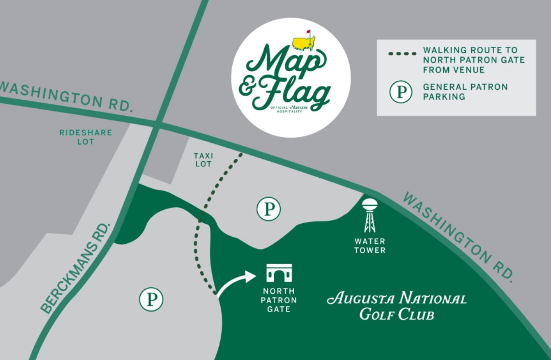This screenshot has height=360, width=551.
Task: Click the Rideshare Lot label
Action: coord(86,137)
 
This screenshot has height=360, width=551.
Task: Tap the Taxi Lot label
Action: coord(203,160)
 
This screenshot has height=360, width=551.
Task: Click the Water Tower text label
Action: coord(370,246)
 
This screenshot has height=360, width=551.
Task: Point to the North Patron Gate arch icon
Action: coord(279,273)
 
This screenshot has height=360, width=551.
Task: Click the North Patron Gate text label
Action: coord(279,300)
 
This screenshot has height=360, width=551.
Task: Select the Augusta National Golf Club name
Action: coord(396,305)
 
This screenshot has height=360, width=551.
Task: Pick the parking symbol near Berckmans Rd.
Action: coord(151,300)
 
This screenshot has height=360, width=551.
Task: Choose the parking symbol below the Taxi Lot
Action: coord(268,209)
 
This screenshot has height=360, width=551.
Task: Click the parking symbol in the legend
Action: coord(401,91)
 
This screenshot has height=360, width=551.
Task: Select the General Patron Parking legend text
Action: coord(465,91)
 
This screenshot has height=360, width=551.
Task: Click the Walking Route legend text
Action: coord(473,60)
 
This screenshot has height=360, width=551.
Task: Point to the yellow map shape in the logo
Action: coord(303,43)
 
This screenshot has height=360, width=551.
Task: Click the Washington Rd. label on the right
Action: coord(457,236)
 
